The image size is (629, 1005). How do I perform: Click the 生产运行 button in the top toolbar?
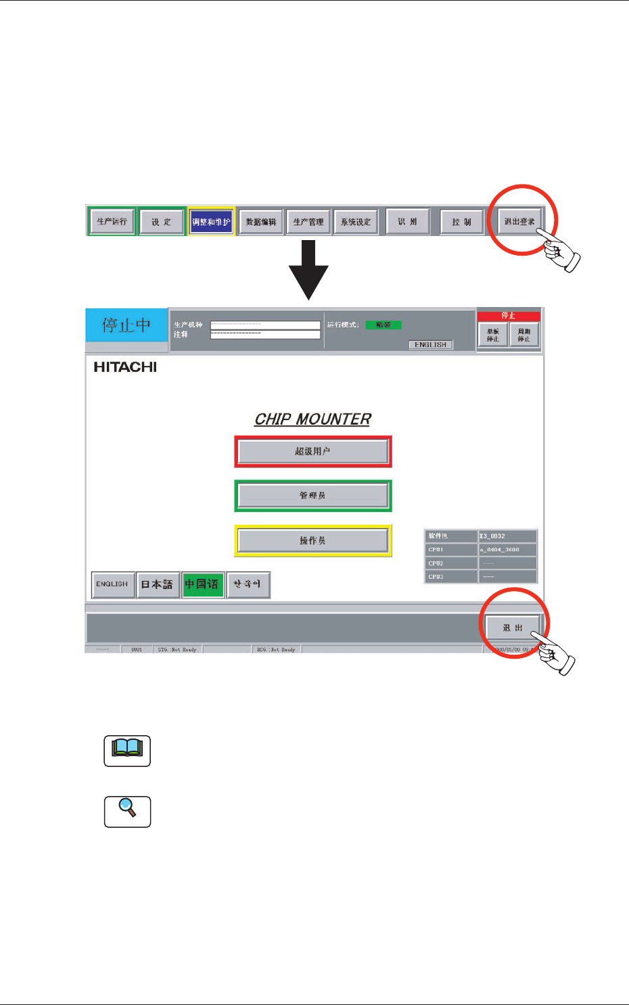point(112,221)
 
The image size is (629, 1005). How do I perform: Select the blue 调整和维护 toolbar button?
point(211,221)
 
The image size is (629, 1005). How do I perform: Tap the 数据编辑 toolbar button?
point(261,221)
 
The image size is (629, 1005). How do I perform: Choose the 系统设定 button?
point(356,221)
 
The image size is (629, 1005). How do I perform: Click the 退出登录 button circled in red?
point(519,221)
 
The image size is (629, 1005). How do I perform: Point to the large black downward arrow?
point(308,271)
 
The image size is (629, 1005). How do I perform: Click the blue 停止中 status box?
point(126,325)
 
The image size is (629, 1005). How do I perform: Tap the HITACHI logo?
point(125,367)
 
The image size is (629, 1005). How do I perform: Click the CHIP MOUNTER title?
point(312,419)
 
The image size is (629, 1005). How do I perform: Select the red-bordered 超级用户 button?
point(313,451)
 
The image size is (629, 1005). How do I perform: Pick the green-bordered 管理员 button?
point(313,496)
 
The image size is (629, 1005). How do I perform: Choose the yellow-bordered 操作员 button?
point(313,540)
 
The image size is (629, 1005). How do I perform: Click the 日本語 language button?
point(157,584)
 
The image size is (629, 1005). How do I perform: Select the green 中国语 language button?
point(202,584)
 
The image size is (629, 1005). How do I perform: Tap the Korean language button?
point(248,584)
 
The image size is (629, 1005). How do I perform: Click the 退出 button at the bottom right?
point(513,628)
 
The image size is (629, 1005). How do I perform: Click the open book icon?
point(127,750)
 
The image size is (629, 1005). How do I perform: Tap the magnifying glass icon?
point(127,810)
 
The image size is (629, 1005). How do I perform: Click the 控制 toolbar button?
point(462,221)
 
